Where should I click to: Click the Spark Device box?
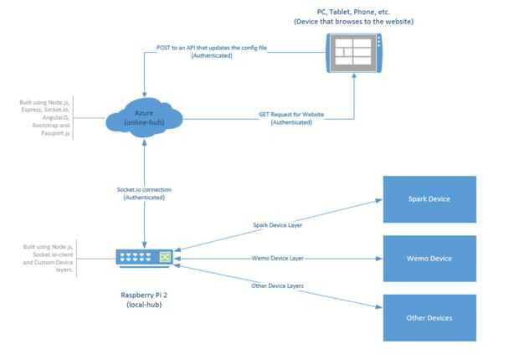(x=429, y=199)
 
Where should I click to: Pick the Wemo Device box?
(x=429, y=258)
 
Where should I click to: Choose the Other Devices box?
(x=429, y=317)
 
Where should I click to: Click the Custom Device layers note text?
(x=54, y=263)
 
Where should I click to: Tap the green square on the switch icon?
(x=166, y=255)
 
